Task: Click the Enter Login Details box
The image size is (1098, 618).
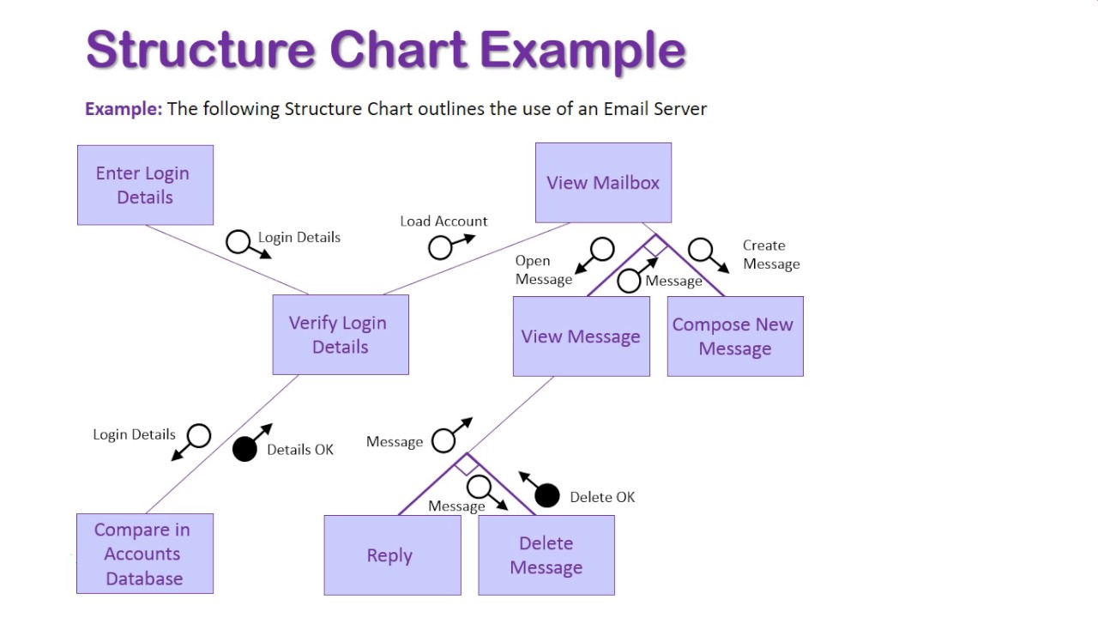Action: coord(145,185)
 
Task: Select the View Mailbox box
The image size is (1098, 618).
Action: coord(603,183)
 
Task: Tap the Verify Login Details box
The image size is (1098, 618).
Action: coord(341,335)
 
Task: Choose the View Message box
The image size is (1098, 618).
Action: coord(581,336)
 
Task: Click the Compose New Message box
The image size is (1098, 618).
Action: coord(734,336)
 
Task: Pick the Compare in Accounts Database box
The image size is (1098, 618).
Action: coord(144,554)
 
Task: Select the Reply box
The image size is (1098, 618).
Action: coord(392,555)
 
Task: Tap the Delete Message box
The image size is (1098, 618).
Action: coord(546,555)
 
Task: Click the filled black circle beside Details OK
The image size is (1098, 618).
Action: coord(244,449)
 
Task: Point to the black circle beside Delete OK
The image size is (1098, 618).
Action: coord(546,495)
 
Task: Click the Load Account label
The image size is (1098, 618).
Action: coord(443,221)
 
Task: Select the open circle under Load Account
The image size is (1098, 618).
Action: coord(440,248)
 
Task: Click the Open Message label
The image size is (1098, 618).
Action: coord(543,270)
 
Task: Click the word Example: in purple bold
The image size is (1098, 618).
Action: coord(123,109)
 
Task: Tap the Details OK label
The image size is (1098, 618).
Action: coord(300,450)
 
